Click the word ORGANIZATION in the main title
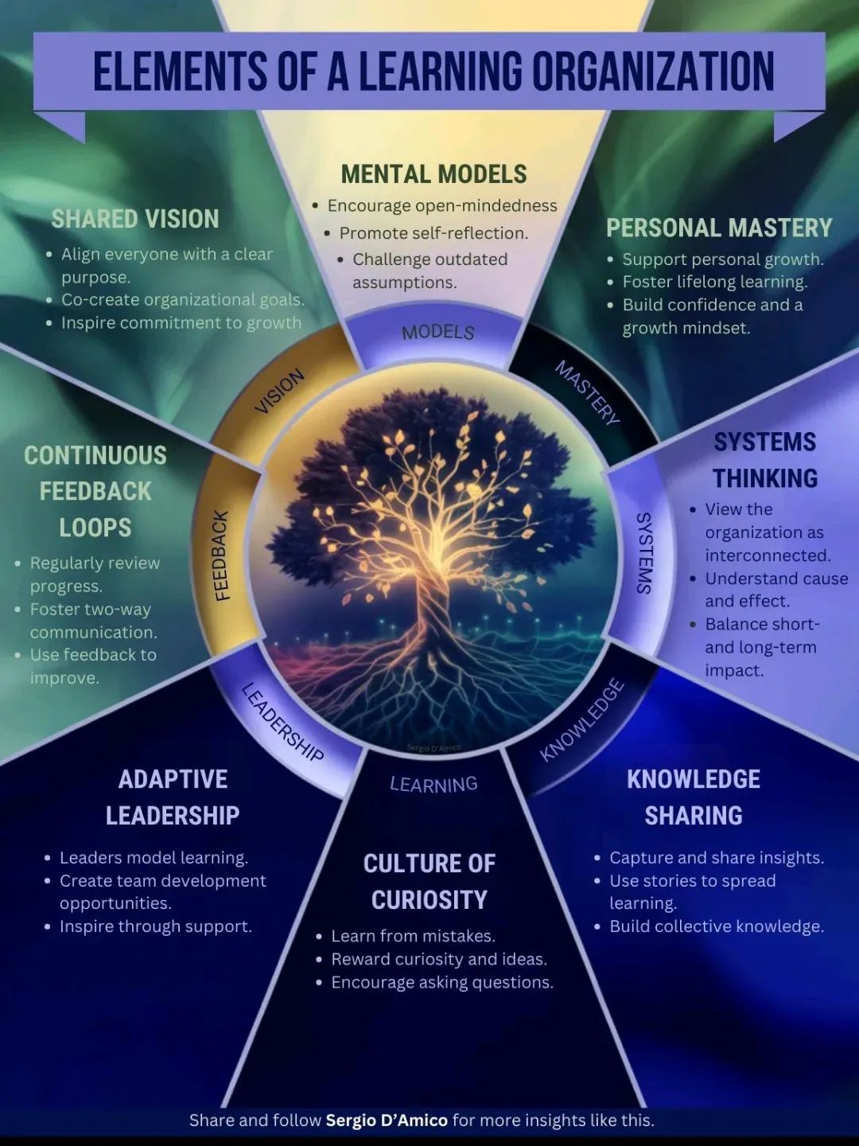point(652,72)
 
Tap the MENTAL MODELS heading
point(433,174)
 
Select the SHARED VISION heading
point(134,219)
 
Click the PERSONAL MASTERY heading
point(718,228)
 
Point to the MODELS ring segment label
point(437,332)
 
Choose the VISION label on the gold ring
point(279,391)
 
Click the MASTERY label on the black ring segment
point(587,392)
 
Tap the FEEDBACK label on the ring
point(222,555)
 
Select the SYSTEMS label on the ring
point(644,552)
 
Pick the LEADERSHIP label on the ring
point(282,722)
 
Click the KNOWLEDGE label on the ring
point(581,720)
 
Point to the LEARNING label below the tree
point(433,785)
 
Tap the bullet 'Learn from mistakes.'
point(413,936)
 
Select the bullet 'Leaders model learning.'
point(154,858)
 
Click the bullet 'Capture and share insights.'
point(716,858)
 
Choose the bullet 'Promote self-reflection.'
point(433,233)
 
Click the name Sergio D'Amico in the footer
point(387,1121)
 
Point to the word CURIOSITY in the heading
point(429,900)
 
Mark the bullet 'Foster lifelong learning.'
point(714,282)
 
